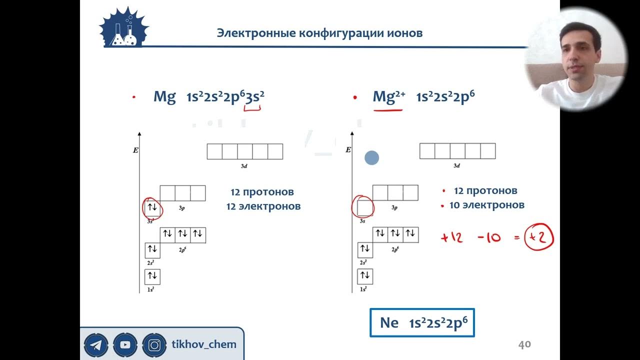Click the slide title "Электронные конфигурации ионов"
click(319, 33)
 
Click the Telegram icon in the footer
click(96, 344)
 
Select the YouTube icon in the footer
click(125, 344)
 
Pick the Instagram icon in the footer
click(154, 344)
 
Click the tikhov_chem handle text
click(204, 344)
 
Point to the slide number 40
click(524, 344)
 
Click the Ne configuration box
click(422, 323)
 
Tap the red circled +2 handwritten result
click(538, 237)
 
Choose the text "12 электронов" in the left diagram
click(263, 206)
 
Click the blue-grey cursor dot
click(371, 158)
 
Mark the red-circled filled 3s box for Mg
click(152, 207)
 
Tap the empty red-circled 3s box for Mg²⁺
click(365, 206)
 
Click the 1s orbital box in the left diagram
click(152, 276)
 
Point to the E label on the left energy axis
click(135, 150)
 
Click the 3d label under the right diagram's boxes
click(456, 166)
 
